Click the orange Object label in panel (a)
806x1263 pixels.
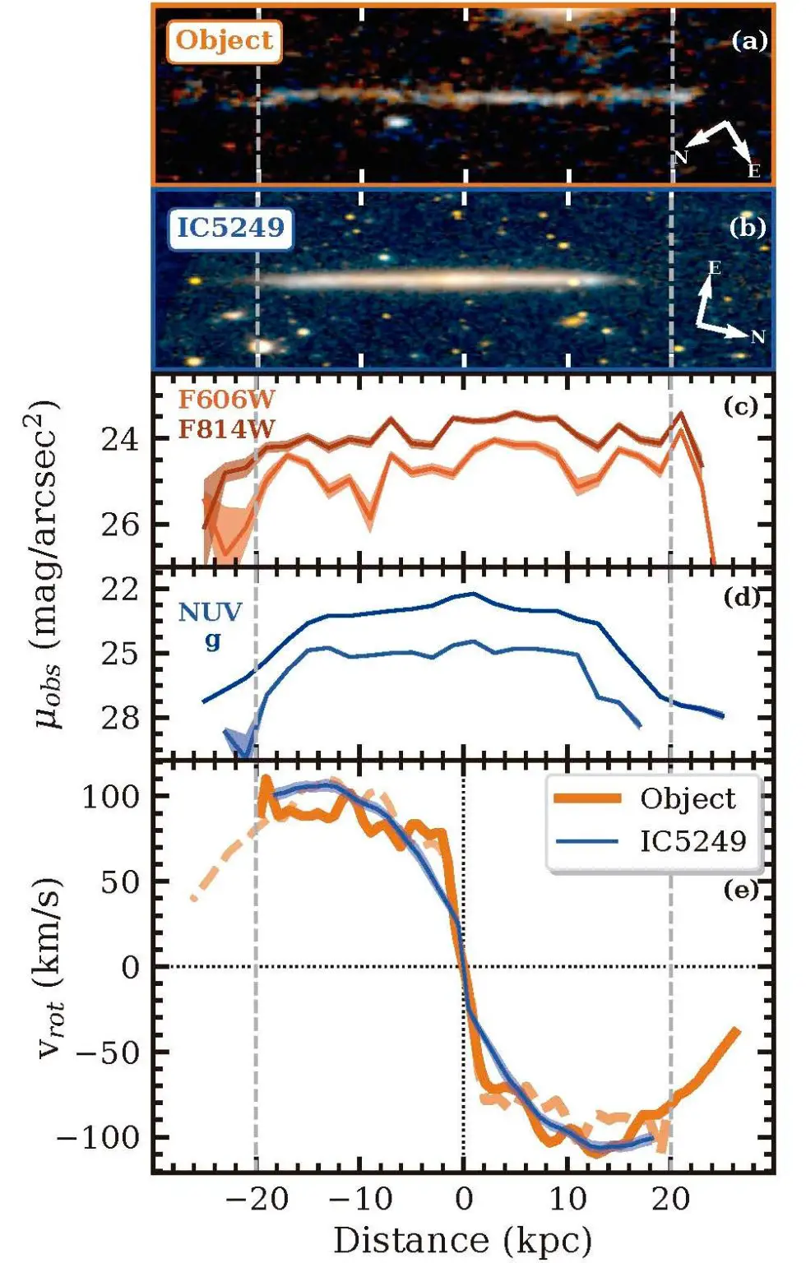pos(224,40)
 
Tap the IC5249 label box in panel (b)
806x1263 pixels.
pos(230,227)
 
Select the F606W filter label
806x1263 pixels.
pos(227,400)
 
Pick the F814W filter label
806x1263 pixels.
pos(227,428)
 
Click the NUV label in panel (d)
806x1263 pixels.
pos(211,612)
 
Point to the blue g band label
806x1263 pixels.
pos(213,640)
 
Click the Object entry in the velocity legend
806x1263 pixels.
pos(687,798)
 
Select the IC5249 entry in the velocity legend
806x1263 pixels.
pos(693,840)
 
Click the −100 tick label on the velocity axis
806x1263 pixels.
pos(98,1138)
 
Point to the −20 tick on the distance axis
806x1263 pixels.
pos(257,1199)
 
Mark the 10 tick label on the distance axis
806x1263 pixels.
pos(567,1199)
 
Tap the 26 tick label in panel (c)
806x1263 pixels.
pos(120,525)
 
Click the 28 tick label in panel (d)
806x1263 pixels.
pos(120,718)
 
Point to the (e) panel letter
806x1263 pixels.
pos(741,890)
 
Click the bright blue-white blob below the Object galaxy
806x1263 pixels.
pos(398,123)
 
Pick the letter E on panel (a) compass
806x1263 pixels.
pos(753,170)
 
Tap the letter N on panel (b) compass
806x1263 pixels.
pos(757,337)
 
